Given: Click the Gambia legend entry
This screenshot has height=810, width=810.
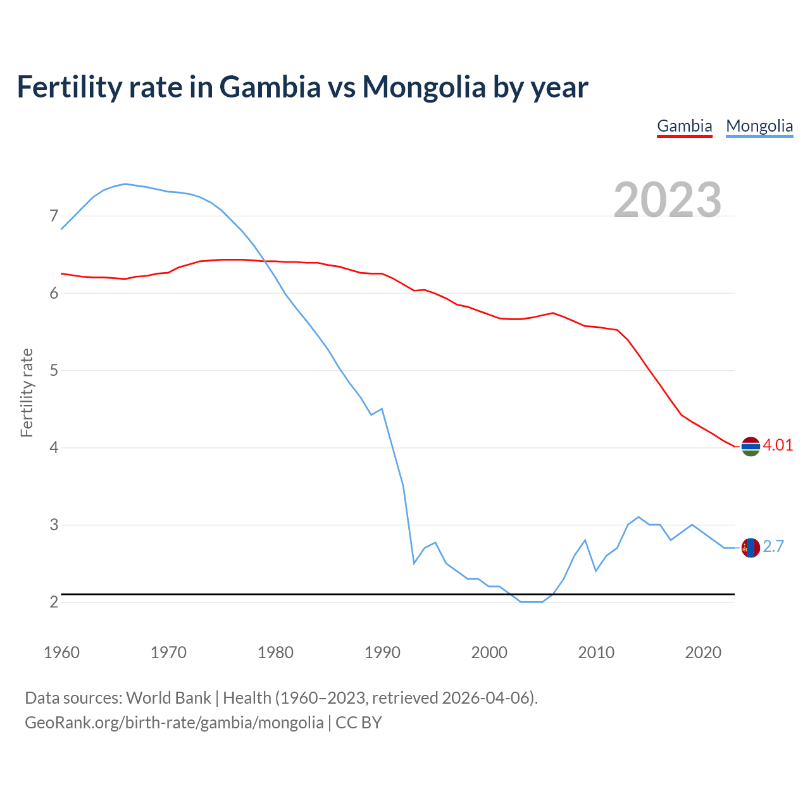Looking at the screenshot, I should coord(685,126).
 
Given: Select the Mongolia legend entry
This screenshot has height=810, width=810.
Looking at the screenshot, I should coord(759,126).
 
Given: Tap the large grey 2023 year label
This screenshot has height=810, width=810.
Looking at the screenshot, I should coord(668,200).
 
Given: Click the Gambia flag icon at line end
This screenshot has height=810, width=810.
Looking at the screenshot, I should coord(751,446).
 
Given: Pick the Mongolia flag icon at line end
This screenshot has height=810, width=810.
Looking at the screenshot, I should coord(751,547).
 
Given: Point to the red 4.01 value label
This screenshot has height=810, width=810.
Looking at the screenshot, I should coord(778,445).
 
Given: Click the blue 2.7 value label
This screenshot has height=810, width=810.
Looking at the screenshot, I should coord(773,546).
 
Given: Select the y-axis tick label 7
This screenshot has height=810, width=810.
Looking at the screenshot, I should coord(54,216).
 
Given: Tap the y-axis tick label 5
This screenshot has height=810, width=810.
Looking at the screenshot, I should coord(54,370).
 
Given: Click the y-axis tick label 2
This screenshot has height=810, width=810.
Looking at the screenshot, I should coord(54,602).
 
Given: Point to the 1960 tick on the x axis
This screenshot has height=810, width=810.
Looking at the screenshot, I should coord(61,652).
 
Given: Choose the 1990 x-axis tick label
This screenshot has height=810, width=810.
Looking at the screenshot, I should coord(382,652).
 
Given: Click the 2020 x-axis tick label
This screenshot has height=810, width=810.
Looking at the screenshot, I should coord(703,652).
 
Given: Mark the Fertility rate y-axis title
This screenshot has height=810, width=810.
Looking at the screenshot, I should coord(27,392).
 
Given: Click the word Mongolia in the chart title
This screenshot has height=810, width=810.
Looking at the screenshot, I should coord(423,87).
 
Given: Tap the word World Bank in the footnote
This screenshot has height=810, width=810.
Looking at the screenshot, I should coord(168,698).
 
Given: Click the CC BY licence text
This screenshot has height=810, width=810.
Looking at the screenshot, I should coord(359,723).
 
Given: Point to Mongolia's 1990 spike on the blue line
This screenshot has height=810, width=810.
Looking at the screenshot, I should coord(382,409).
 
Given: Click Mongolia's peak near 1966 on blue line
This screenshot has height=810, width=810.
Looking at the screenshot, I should coord(125,184).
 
